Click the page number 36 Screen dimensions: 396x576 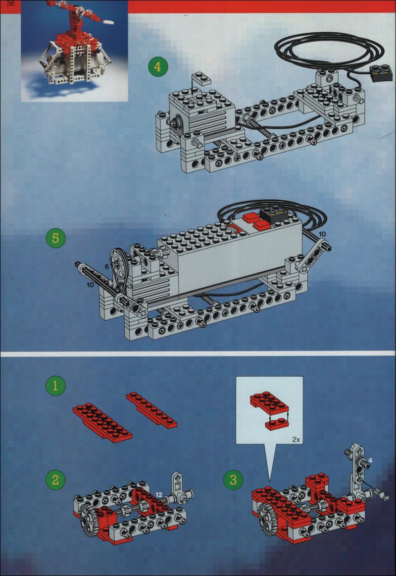[x=10, y=3]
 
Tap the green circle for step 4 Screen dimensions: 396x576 [x=158, y=67]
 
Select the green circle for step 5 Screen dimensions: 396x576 [x=55, y=238]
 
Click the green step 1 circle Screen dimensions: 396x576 [x=55, y=386]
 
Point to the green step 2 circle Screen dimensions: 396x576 [x=55, y=480]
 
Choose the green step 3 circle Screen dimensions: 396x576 [x=233, y=480]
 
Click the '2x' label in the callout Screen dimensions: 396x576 [x=297, y=439]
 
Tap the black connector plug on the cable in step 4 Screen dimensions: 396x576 [x=381, y=72]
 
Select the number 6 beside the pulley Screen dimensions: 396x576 [x=107, y=267]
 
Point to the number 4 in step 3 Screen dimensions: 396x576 [x=370, y=460]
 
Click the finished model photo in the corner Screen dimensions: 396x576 [x=74, y=51]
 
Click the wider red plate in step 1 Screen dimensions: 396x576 [x=102, y=422]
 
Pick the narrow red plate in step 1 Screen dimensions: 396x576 [x=152, y=410]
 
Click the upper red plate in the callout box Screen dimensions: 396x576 [x=270, y=403]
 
